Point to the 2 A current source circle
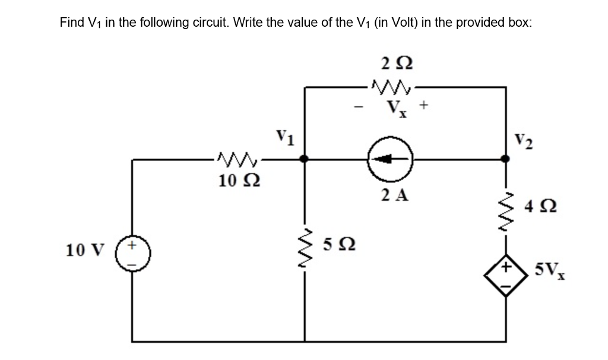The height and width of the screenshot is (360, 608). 389,159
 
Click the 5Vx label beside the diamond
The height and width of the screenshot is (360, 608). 549,272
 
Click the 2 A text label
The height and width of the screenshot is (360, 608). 394,195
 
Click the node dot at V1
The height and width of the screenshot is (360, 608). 304,159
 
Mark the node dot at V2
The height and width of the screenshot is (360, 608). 505,159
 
